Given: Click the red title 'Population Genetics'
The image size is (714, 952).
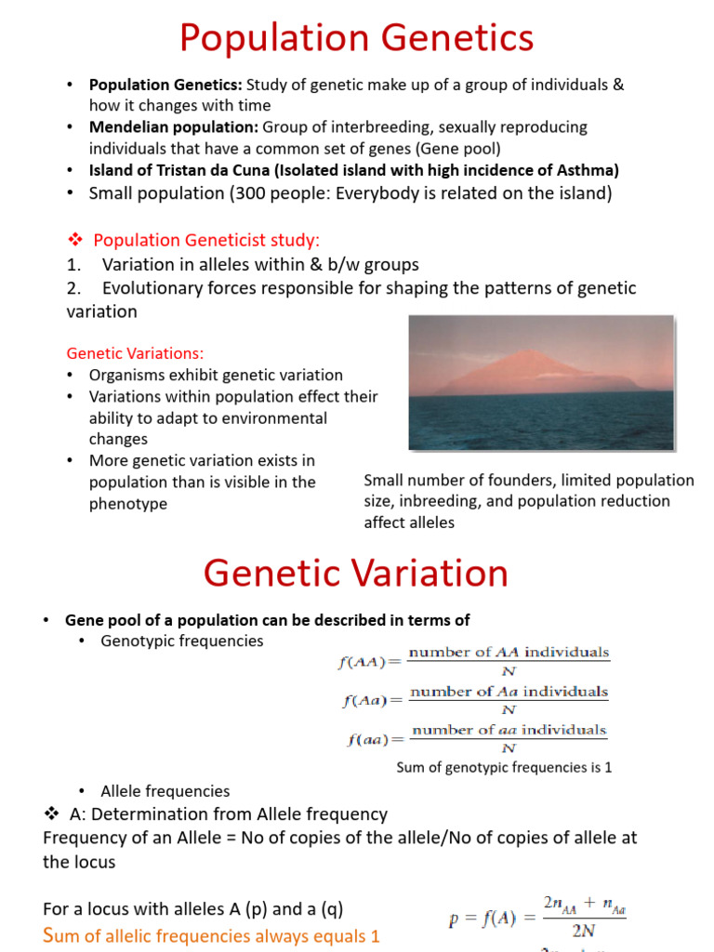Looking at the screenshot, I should (x=356, y=39).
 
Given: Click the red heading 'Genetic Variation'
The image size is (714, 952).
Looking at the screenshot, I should (x=356, y=573).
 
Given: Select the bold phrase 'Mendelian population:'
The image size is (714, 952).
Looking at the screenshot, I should (x=174, y=127).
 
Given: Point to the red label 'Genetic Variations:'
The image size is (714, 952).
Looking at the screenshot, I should (x=135, y=353).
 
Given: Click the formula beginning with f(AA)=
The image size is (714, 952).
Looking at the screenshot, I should (x=472, y=661).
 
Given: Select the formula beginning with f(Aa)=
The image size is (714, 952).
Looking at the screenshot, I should (x=472, y=700).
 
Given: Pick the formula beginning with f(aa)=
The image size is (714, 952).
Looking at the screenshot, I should (x=472, y=739).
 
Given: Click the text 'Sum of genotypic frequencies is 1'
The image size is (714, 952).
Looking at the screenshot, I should (x=504, y=768).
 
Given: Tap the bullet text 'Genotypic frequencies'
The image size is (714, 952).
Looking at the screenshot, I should (x=182, y=641).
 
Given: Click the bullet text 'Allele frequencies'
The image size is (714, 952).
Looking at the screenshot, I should (x=165, y=791).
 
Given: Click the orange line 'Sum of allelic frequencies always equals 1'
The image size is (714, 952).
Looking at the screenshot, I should (x=212, y=936).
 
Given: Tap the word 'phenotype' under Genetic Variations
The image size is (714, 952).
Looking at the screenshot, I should (x=128, y=504).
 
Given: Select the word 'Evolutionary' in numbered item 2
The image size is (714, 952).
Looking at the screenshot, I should (x=153, y=288).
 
